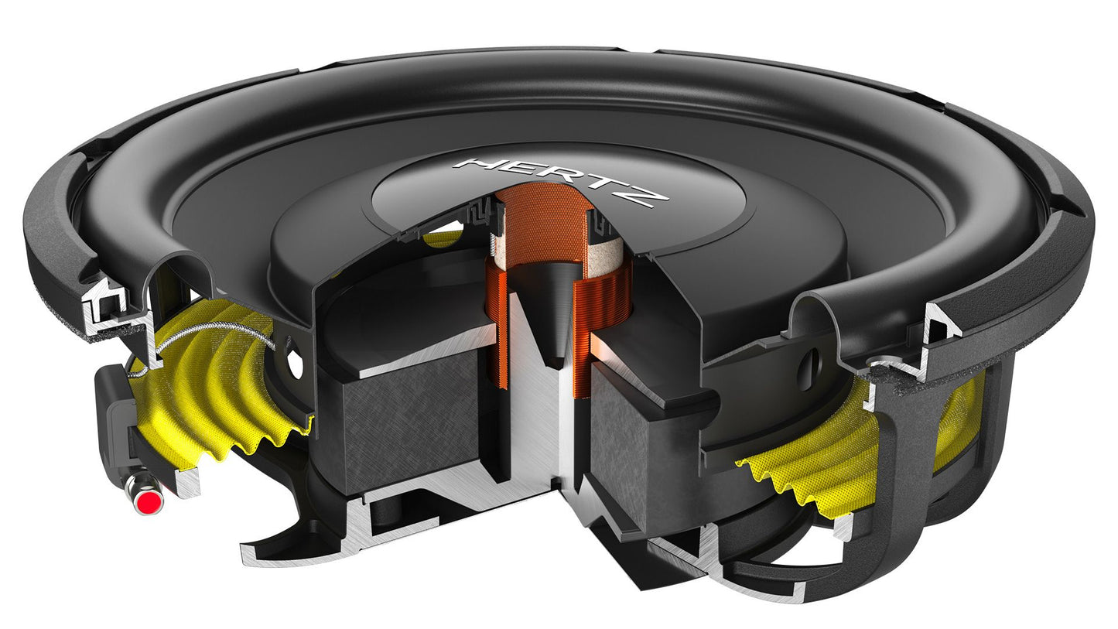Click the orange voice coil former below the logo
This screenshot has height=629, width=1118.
click(545, 224)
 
